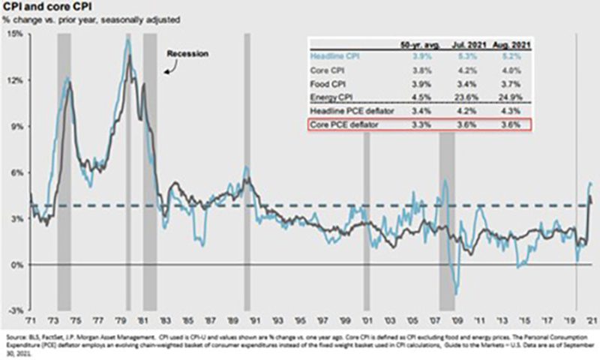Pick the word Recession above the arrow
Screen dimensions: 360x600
pyautogui.click(x=187, y=55)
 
